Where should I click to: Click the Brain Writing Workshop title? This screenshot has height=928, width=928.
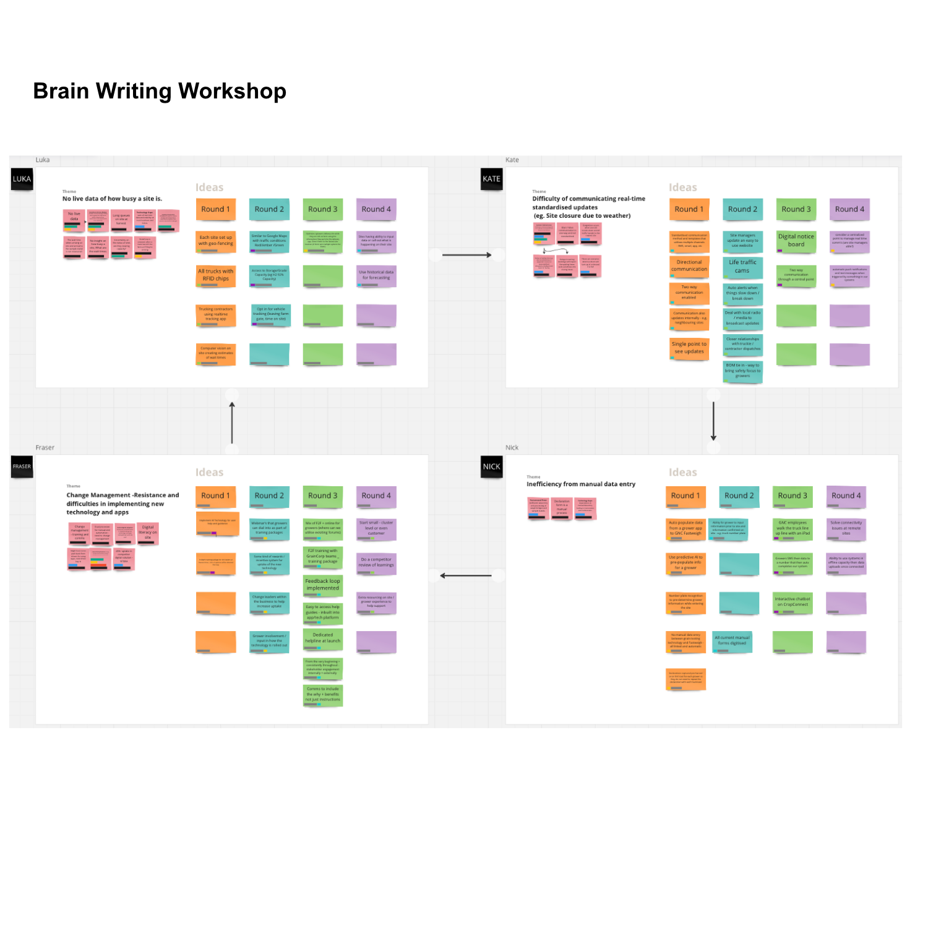160,91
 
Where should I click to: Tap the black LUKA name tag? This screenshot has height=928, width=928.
22,179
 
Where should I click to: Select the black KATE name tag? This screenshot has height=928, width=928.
491,179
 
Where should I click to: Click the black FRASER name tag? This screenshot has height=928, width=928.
22,466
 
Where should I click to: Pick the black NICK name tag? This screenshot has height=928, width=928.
491,466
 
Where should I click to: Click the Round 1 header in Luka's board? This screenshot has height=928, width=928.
215,209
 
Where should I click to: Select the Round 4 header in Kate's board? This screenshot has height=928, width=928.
849,209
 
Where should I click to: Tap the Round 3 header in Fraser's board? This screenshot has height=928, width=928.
322,496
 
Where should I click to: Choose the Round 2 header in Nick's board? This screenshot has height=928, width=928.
739,496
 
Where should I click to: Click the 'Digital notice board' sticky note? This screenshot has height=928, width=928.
796,241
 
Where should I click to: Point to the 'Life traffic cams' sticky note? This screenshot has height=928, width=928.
742,267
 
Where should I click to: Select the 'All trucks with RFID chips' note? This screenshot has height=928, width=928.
215,275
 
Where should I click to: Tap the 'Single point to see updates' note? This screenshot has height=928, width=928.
689,348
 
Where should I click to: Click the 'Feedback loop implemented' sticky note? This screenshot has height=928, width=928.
322,585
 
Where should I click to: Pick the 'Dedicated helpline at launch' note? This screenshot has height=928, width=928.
322,638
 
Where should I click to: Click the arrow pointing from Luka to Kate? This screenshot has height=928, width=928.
466,255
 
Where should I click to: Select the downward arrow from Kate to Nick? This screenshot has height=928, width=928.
713,421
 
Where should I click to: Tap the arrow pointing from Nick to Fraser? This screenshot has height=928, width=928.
466,576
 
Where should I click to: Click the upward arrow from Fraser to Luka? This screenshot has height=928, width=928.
232,422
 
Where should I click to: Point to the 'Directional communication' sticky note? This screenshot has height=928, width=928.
689,266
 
